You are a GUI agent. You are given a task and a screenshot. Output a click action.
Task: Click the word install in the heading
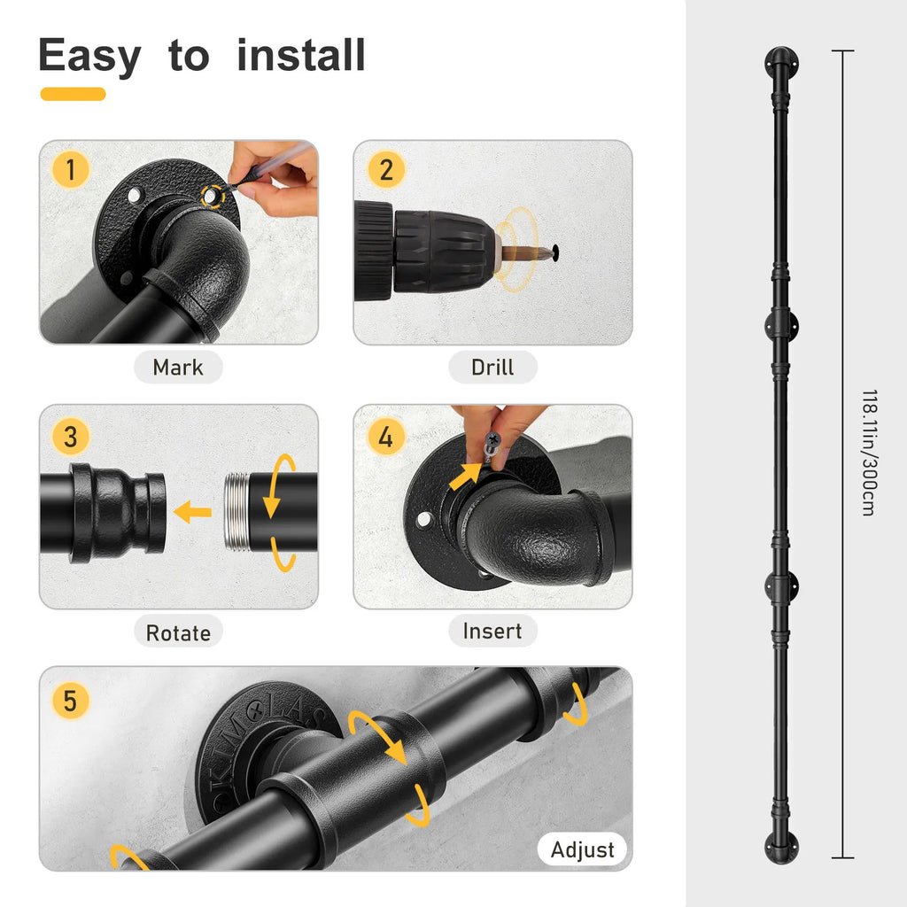tap(301, 56)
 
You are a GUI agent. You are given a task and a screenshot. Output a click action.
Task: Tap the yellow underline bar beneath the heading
tap(73, 94)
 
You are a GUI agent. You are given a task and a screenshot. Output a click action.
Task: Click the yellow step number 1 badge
tap(71, 170)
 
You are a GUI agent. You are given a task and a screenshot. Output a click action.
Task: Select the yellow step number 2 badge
tap(386, 170)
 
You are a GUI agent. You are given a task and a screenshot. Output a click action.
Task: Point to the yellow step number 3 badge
tap(71, 437)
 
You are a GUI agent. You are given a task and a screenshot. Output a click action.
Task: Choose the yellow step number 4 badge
tap(386, 437)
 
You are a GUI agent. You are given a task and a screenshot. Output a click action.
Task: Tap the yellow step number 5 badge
tap(71, 701)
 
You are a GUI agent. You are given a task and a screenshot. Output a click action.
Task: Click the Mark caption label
tap(178, 368)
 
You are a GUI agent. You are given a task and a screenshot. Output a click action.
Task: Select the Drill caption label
tap(492, 368)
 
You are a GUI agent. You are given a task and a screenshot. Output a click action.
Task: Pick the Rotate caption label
tap(178, 632)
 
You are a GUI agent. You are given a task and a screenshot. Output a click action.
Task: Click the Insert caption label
tap(492, 631)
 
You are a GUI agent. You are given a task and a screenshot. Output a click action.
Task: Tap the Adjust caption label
tap(582, 849)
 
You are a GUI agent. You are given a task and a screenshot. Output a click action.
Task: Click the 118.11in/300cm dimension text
tap(870, 453)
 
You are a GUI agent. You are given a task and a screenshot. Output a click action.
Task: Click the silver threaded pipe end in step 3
tap(236, 511)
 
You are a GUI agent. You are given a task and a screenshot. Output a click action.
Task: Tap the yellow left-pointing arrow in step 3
tap(192, 512)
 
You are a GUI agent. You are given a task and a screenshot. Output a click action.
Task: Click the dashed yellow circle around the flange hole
tap(213, 197)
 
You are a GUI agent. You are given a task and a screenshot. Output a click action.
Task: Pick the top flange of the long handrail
tap(781, 63)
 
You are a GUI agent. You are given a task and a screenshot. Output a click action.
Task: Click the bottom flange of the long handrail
tap(781, 848)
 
